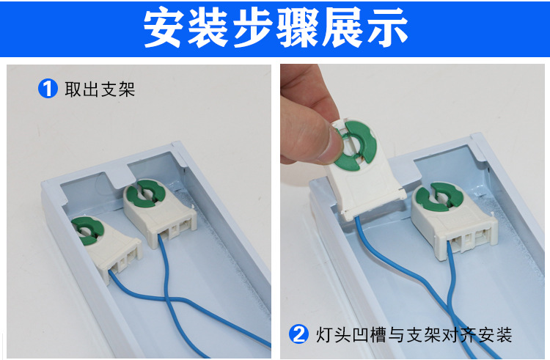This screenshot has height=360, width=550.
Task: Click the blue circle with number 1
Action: point(48,89)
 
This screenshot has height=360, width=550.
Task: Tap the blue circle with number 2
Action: point(298,334)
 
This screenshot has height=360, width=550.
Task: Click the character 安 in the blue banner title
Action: point(164,27)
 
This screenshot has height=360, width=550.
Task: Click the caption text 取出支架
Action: point(100,89)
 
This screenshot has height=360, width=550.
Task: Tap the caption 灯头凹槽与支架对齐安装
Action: point(414,335)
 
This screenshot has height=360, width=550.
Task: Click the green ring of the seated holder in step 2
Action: point(443,197)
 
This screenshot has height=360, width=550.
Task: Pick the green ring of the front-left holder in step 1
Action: point(87,229)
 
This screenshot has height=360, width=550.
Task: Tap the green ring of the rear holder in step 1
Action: point(145,193)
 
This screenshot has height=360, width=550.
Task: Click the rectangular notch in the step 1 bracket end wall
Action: point(114,179)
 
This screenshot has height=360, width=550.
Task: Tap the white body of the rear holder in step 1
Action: point(160,213)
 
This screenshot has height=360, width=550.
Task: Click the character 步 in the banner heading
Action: point(253,27)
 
